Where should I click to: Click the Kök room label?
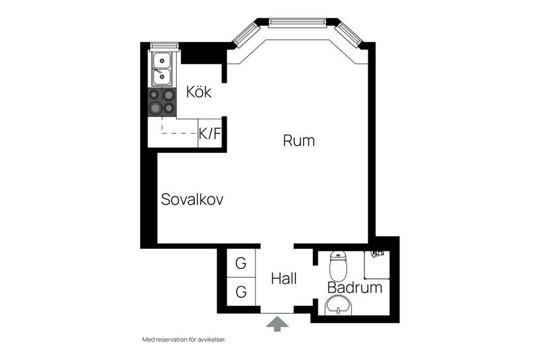point(199,92)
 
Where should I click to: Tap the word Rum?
point(298,141)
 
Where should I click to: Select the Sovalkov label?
point(192,199)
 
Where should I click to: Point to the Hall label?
point(283,278)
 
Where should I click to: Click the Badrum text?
point(355,288)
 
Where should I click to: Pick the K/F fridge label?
point(210,134)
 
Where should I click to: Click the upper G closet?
point(241,263)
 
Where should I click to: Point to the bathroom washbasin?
point(338,307)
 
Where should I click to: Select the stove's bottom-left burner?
point(155,108)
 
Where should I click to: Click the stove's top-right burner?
point(168,94)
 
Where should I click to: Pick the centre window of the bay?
point(297,22)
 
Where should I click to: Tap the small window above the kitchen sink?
point(164,46)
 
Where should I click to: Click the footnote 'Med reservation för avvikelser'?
point(187,340)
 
